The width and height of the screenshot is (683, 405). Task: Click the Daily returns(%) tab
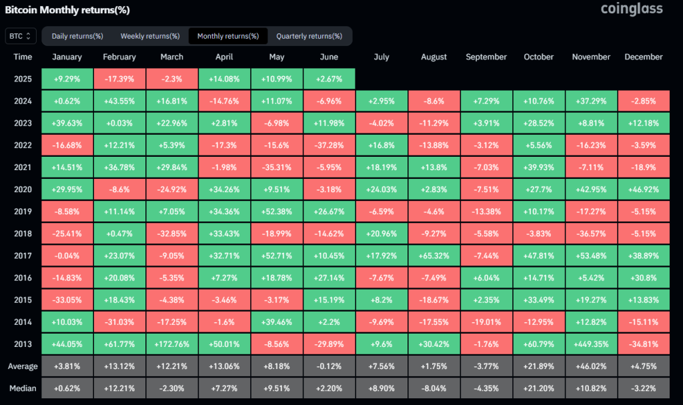point(77,36)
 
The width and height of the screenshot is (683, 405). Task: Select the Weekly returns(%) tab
point(150,36)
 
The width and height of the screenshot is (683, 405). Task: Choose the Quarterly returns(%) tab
point(309,36)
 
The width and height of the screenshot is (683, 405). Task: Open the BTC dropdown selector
point(20,36)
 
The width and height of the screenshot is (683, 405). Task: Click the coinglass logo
point(631,9)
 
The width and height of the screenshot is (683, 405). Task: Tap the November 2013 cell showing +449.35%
point(591,345)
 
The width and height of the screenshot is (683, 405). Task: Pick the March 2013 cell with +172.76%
point(171,345)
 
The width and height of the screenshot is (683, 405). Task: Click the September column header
point(486,57)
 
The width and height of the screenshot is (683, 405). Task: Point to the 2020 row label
point(23,190)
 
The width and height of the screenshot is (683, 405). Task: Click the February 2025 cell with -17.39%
point(119,79)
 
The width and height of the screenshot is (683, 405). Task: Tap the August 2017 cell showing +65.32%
point(434,256)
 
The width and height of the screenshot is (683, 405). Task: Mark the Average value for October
point(538,367)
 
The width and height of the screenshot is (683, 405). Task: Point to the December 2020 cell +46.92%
point(643,190)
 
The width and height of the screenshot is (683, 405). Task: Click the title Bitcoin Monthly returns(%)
point(67,10)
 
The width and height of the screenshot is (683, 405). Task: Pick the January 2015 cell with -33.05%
point(67,300)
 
